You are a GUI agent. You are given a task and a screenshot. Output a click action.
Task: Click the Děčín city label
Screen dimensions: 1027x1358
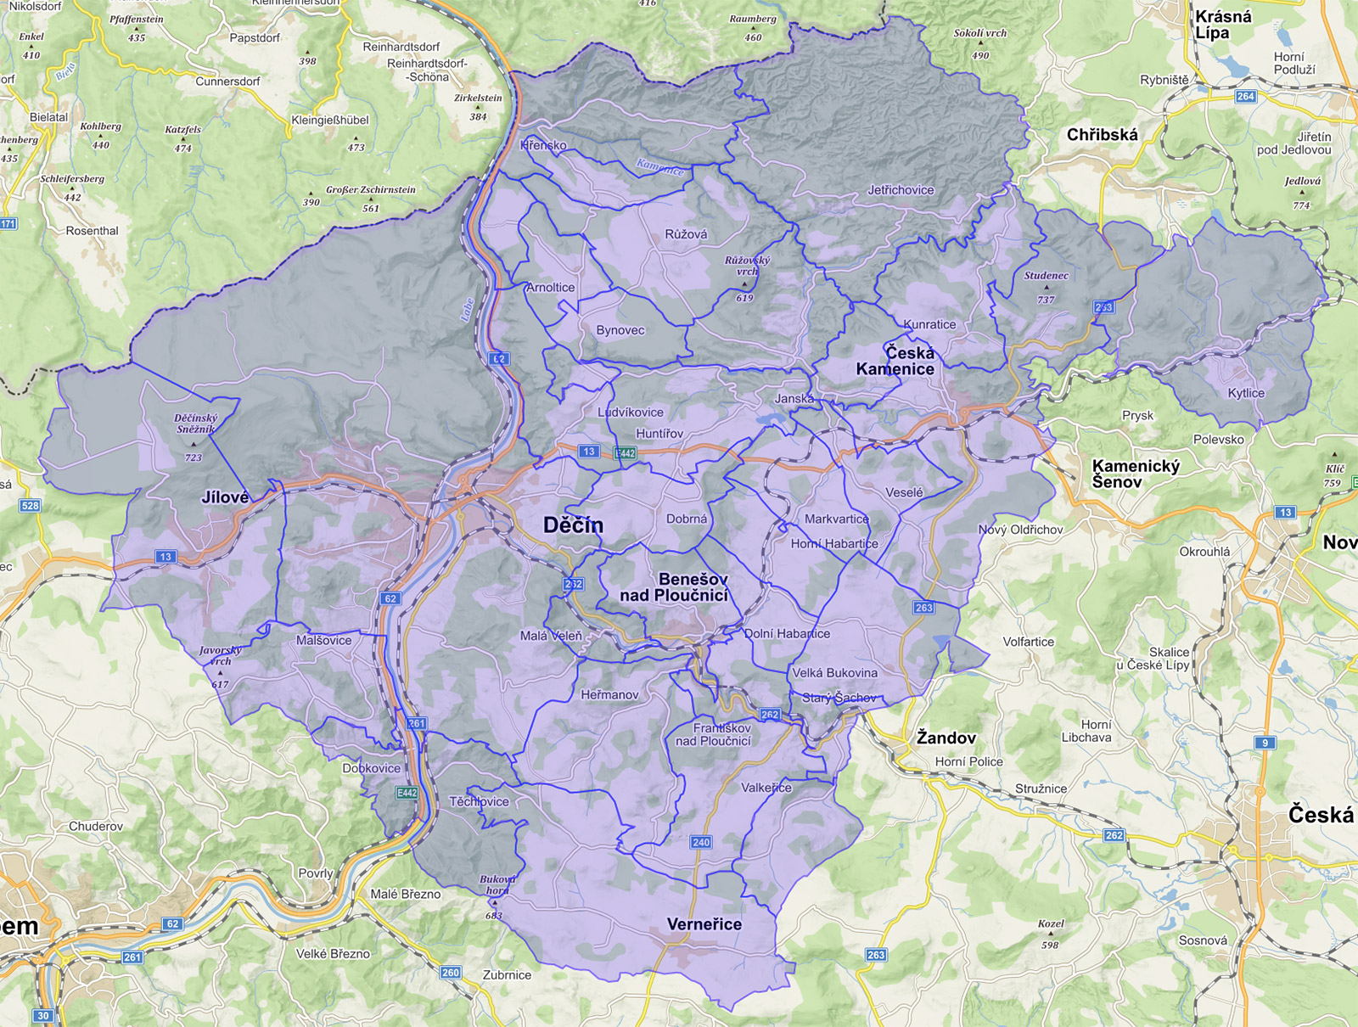573,525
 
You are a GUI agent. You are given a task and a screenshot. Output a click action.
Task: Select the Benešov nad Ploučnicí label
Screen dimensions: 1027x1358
675,587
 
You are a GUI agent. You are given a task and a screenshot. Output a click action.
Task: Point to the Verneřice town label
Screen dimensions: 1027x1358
704,924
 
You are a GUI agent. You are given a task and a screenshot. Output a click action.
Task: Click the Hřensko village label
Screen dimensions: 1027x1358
543,145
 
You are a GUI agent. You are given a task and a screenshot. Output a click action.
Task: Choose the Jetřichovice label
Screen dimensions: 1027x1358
901,190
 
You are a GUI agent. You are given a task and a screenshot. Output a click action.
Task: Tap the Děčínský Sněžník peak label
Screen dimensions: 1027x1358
195,424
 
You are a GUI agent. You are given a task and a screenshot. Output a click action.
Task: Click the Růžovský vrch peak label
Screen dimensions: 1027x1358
747,266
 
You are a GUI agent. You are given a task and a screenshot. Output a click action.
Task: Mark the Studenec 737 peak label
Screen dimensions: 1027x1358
1046,276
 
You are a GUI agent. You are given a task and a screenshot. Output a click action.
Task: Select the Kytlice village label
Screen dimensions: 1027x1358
1246,393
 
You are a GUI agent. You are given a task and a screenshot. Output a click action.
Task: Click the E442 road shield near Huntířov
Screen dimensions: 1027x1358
625,453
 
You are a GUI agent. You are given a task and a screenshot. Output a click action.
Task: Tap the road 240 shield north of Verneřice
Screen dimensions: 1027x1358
700,842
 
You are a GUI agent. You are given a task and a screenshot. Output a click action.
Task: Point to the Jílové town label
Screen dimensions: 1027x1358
225,497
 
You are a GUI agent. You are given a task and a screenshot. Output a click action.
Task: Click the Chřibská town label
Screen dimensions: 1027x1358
1102,135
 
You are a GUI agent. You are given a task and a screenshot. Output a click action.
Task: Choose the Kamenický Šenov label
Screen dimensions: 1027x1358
1135,474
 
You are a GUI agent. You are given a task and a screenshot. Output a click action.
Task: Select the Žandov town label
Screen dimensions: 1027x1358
946,738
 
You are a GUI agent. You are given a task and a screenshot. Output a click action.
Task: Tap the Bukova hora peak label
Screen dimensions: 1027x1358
497,884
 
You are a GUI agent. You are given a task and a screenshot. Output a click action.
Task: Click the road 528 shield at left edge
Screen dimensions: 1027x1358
30,506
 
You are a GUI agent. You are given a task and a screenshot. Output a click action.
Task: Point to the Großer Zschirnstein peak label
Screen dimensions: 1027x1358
371,190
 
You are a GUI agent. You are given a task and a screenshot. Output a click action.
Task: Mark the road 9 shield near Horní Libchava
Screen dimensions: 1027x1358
1265,743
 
